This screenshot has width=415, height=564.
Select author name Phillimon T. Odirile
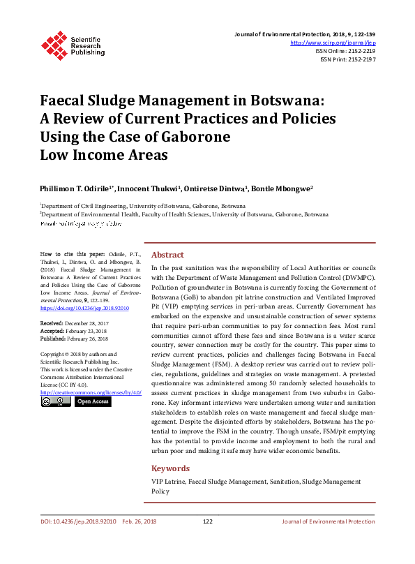76,188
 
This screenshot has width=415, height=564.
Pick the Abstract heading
167,255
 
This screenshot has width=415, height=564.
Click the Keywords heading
170,468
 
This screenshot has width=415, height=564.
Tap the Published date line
74,339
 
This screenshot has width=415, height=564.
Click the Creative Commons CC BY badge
56,401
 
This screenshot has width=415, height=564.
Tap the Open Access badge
92,401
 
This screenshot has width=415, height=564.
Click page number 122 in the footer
207,521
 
